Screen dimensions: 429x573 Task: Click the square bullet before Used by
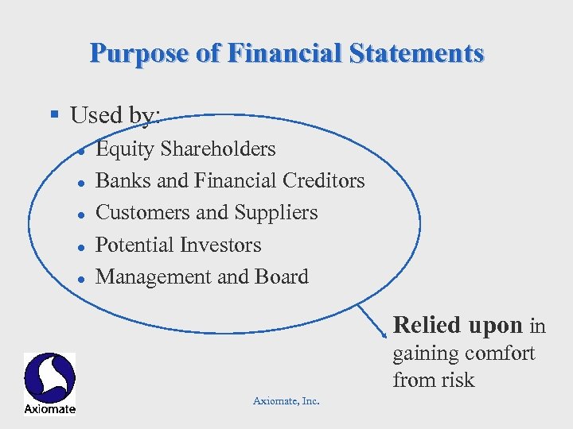pos(55,115)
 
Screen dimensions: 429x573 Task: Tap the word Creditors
pos(323,181)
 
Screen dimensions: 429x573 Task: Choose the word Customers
pos(143,213)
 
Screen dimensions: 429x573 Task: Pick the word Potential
pos(136,245)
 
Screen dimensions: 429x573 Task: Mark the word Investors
pos(222,245)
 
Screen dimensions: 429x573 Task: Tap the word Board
pos(282,277)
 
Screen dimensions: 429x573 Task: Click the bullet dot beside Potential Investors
pos(82,246)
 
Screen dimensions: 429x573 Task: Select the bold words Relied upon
pos(458,325)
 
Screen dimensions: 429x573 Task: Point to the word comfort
pos(499,353)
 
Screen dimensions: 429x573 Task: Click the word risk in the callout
pos(456,380)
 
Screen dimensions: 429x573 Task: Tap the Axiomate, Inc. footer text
pos(286,401)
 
